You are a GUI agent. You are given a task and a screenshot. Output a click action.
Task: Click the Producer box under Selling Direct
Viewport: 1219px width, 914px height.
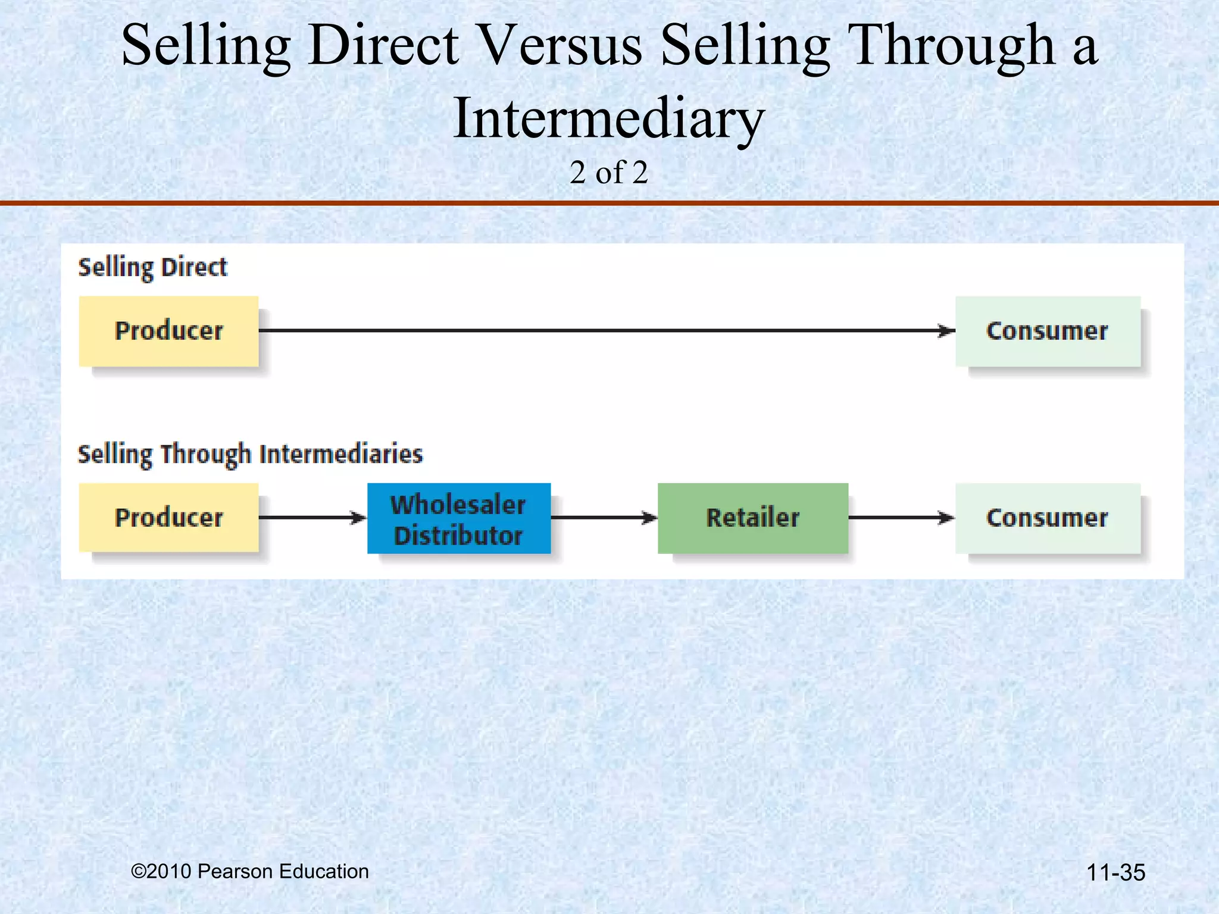(x=168, y=331)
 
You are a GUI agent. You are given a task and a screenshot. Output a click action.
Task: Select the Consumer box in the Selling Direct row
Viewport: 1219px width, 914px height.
(x=1047, y=331)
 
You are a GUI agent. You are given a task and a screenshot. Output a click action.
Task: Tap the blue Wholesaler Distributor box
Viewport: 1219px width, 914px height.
(x=458, y=518)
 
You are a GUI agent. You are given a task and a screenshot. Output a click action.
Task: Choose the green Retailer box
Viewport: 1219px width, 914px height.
(x=752, y=518)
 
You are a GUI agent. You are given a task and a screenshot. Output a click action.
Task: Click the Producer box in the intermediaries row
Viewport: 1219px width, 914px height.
(x=168, y=518)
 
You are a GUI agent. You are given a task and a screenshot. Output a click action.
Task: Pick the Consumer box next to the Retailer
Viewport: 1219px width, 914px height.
(x=1047, y=518)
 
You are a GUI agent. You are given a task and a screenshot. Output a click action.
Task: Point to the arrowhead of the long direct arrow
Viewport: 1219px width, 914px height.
(x=946, y=330)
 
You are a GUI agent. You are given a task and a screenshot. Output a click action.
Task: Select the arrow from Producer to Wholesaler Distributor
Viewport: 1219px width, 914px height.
(x=312, y=518)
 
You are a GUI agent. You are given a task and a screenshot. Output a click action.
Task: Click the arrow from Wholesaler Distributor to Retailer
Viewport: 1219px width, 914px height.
(x=604, y=518)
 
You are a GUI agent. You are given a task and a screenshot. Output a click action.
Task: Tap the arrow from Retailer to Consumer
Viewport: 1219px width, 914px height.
(x=901, y=518)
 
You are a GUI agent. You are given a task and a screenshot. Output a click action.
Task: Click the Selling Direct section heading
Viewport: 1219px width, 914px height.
(x=152, y=267)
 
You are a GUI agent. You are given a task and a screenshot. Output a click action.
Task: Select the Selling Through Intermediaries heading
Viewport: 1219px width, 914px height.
(x=250, y=454)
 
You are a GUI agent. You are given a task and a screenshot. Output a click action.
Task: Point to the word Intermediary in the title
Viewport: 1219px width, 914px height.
(x=608, y=119)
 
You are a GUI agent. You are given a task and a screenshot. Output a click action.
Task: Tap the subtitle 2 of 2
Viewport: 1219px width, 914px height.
(x=608, y=173)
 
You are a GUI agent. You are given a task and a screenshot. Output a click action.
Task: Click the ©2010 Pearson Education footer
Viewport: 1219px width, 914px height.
(x=249, y=871)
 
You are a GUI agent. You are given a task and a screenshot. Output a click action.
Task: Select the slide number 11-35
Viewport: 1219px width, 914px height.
(x=1115, y=872)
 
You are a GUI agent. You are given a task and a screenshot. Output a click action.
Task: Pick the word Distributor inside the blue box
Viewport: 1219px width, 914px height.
(x=458, y=535)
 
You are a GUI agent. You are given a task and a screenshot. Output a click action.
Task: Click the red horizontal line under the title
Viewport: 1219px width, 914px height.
(x=609, y=203)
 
